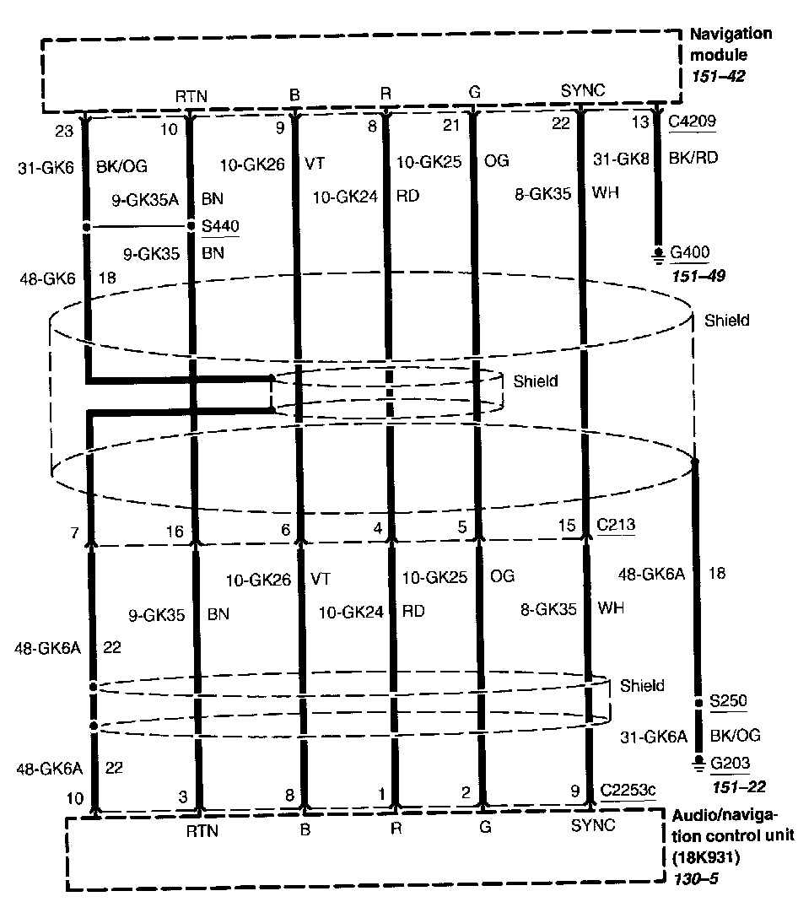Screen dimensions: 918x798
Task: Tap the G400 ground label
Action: click(x=690, y=252)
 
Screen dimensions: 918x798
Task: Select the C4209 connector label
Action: click(x=693, y=121)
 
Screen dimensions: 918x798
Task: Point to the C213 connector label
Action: click(x=616, y=525)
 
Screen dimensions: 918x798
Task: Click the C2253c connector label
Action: click(x=628, y=791)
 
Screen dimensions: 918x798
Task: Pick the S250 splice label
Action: click(x=729, y=702)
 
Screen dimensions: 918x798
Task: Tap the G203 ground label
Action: click(x=730, y=764)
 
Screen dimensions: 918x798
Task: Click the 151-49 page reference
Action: click(x=696, y=275)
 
